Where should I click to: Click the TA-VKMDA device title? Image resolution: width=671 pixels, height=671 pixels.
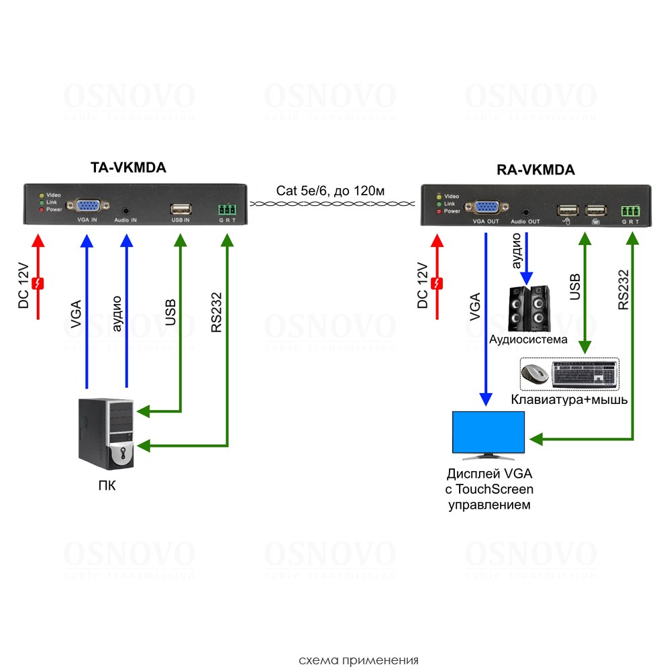coord(128,168)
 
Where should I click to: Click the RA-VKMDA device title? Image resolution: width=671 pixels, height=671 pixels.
coord(536,170)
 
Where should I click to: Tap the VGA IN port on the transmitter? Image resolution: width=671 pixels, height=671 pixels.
coord(87,207)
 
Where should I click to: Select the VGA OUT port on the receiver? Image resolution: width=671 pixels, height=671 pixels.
coord(486,209)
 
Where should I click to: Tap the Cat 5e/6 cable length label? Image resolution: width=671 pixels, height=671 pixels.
coord(330,191)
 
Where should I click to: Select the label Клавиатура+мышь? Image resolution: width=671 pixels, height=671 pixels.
coord(569,400)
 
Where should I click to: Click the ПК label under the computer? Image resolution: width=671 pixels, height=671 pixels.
coord(107,484)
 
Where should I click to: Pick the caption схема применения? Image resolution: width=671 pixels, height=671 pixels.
coord(358,660)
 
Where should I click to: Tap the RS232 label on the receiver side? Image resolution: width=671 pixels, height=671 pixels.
coord(623,289)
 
